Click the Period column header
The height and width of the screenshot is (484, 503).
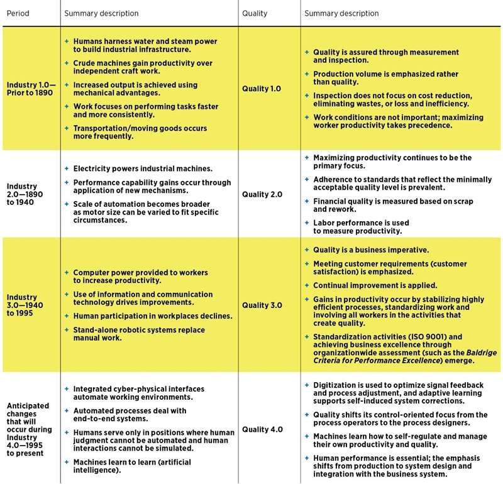pyautogui.click(x=19, y=13)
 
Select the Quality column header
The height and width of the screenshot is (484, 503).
pyautogui.click(x=255, y=13)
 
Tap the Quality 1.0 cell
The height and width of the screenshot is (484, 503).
pyautogui.click(x=262, y=89)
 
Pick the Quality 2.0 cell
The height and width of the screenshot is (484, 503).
pyautogui.click(x=262, y=194)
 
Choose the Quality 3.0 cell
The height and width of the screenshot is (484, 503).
pyautogui.click(x=262, y=305)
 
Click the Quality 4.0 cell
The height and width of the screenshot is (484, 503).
pyautogui.click(x=262, y=429)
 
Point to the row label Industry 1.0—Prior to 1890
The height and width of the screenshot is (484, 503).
pyautogui.click(x=30, y=89)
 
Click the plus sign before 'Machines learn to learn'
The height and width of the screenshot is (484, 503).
pyautogui.click(x=67, y=461)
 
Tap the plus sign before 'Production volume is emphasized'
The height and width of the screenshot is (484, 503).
pyautogui.click(x=306, y=74)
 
